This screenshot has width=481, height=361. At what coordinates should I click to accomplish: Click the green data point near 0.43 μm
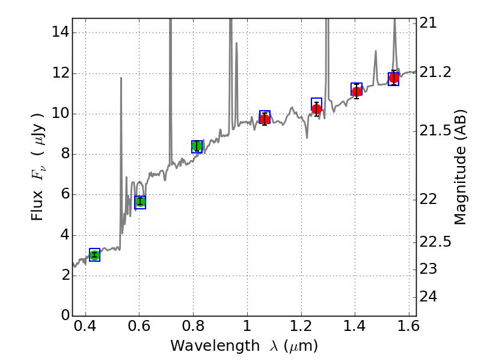[94, 255]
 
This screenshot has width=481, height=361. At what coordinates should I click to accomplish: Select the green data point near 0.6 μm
[140, 202]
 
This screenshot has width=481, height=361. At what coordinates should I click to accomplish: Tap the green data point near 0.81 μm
[197, 146]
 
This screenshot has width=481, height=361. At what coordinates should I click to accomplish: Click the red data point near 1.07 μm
[265, 119]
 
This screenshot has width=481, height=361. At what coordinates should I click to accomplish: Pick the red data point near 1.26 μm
[316, 109]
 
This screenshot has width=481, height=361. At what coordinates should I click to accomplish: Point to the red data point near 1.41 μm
[357, 91]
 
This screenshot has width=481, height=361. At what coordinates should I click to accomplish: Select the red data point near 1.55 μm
[394, 78]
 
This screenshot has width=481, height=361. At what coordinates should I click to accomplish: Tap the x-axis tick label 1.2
[301, 329]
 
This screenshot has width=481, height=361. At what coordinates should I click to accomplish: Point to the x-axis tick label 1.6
[408, 329]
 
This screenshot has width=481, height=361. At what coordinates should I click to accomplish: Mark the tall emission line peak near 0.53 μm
[121, 78]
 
